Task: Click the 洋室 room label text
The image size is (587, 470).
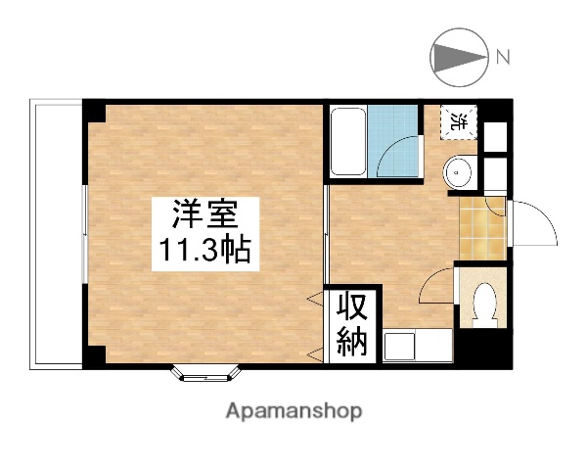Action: pyautogui.click(x=203, y=213)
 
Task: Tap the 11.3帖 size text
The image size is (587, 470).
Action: pyautogui.click(x=203, y=251)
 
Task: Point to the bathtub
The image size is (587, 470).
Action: pyautogui.click(x=346, y=142)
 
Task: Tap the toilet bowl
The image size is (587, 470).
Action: pyautogui.click(x=483, y=305)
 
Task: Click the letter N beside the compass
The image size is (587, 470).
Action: pyautogui.click(x=503, y=57)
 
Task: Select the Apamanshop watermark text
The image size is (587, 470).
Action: pyautogui.click(x=294, y=410)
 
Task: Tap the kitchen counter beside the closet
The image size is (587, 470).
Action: pyautogui.click(x=417, y=346)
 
